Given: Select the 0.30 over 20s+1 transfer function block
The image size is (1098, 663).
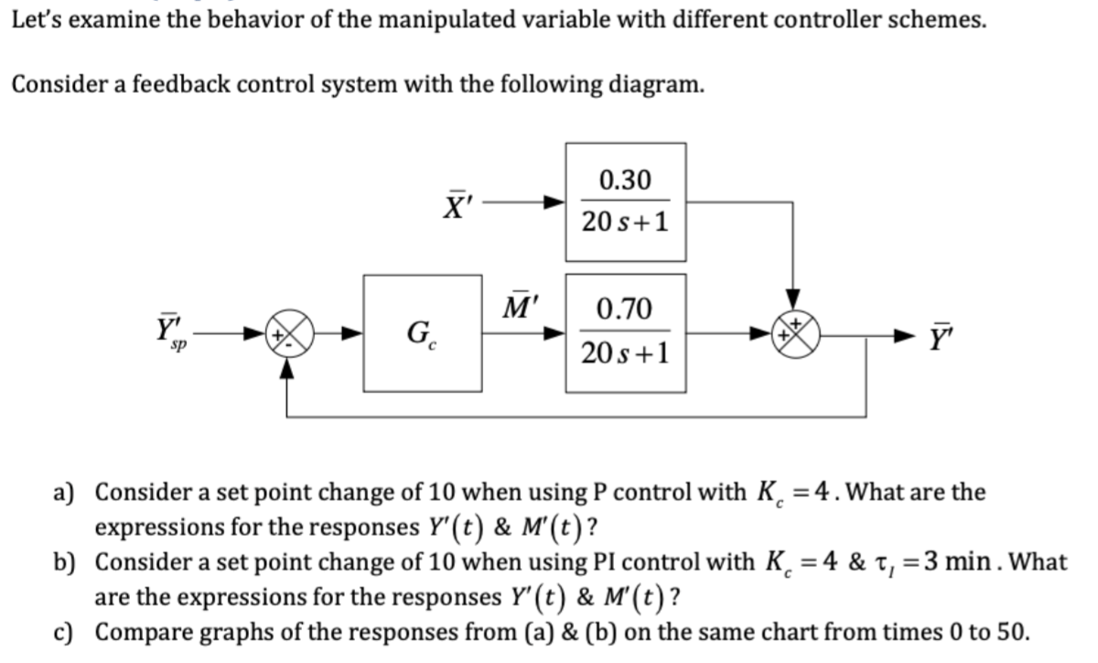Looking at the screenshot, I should (x=625, y=201).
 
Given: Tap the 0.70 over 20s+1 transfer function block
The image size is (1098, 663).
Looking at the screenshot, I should (x=625, y=332).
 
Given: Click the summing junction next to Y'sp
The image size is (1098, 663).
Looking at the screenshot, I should (x=288, y=333).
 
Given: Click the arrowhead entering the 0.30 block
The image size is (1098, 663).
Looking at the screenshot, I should (x=554, y=201).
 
